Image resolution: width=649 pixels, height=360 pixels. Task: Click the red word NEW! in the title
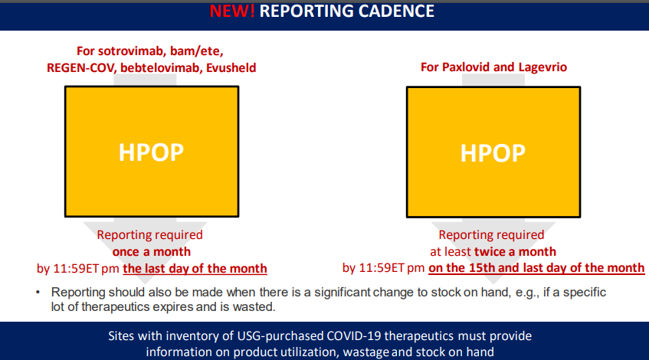(231, 11)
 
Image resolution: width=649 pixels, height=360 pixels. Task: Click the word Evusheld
(231, 67)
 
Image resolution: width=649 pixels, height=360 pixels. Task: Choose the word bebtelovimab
(160, 67)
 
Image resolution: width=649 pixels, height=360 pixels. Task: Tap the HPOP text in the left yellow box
(151, 152)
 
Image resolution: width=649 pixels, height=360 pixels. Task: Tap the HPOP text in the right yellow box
(493, 153)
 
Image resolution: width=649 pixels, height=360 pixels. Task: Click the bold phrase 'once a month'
(152, 251)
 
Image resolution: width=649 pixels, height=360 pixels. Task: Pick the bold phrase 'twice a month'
(515, 251)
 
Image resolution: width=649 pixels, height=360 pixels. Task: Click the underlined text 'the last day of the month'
(195, 269)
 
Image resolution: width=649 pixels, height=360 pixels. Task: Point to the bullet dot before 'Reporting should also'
(38, 292)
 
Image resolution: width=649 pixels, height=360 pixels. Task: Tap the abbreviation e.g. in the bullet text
(527, 293)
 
